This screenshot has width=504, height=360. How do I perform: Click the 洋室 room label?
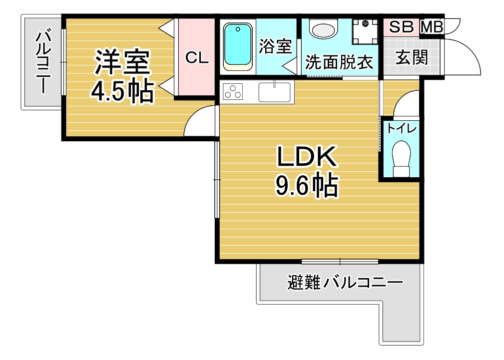coord(122,62)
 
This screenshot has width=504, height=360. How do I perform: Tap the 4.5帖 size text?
coord(122,91)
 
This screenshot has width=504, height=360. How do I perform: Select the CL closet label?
coord(197,58)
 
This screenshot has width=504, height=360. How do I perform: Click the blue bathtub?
coord(238,46)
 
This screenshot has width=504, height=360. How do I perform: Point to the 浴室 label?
coord(275,46)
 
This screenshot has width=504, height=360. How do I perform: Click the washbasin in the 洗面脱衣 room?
coord(324,28)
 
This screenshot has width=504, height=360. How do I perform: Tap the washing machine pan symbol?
coord(365,31)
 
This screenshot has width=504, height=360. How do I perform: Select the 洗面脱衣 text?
coord(339,62)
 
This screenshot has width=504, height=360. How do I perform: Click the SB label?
coord(401,27)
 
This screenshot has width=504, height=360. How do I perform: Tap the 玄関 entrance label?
coord(412,58)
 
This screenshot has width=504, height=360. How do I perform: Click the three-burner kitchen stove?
coord(233,91)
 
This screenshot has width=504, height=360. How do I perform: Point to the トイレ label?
coord(402,129)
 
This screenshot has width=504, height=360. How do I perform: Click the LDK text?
coord(307,157)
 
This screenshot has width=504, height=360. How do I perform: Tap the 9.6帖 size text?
coord(307,185)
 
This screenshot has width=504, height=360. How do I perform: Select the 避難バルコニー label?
coord(345,283)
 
